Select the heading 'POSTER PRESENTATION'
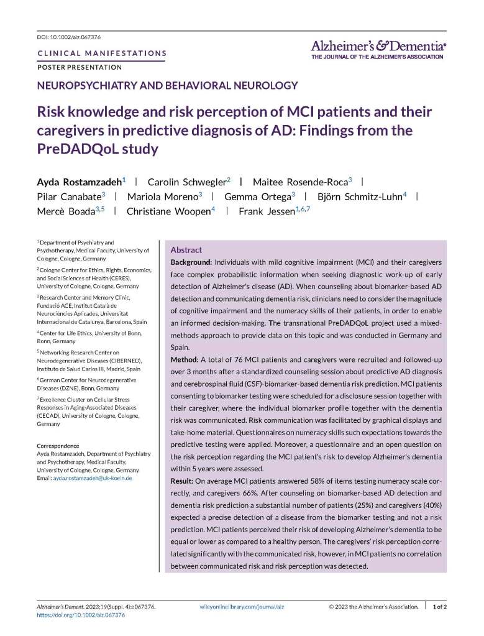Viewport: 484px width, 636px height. (80, 67)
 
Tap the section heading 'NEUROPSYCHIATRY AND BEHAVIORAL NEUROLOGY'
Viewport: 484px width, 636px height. (168, 86)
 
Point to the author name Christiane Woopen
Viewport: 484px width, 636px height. (168, 211)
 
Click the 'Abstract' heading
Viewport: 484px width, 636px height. (186, 249)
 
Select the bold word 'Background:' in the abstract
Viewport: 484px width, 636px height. (191, 262)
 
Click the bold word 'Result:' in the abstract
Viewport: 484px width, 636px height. (183, 482)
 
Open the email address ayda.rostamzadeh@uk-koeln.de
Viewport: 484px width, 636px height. (92, 478)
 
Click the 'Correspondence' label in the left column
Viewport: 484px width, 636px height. (58, 446)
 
